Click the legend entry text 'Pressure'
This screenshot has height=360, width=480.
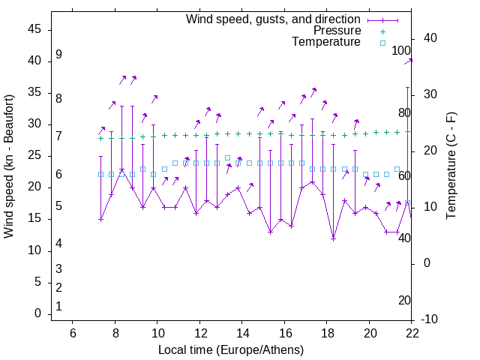[x=336, y=31]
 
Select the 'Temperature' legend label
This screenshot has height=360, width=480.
[x=326, y=42]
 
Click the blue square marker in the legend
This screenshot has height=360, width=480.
[x=382, y=43]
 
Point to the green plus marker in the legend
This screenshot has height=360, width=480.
[x=382, y=31]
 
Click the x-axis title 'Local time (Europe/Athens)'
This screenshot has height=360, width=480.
[x=231, y=349]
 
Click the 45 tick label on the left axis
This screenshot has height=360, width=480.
[x=34, y=29]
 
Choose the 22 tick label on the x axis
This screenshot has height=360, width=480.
[x=412, y=333]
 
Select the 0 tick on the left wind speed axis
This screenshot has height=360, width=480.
[x=38, y=313]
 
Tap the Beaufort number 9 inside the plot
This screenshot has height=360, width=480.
[x=58, y=55]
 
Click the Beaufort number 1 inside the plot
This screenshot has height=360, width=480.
[x=58, y=306]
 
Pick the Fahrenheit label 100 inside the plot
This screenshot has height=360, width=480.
[x=402, y=51]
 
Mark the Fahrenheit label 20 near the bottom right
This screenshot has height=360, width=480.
[x=405, y=300]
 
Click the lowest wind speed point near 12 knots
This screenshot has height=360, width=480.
[x=334, y=238]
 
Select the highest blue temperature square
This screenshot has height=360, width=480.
[x=227, y=157]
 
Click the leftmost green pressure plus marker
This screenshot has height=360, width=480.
[x=100, y=138]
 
